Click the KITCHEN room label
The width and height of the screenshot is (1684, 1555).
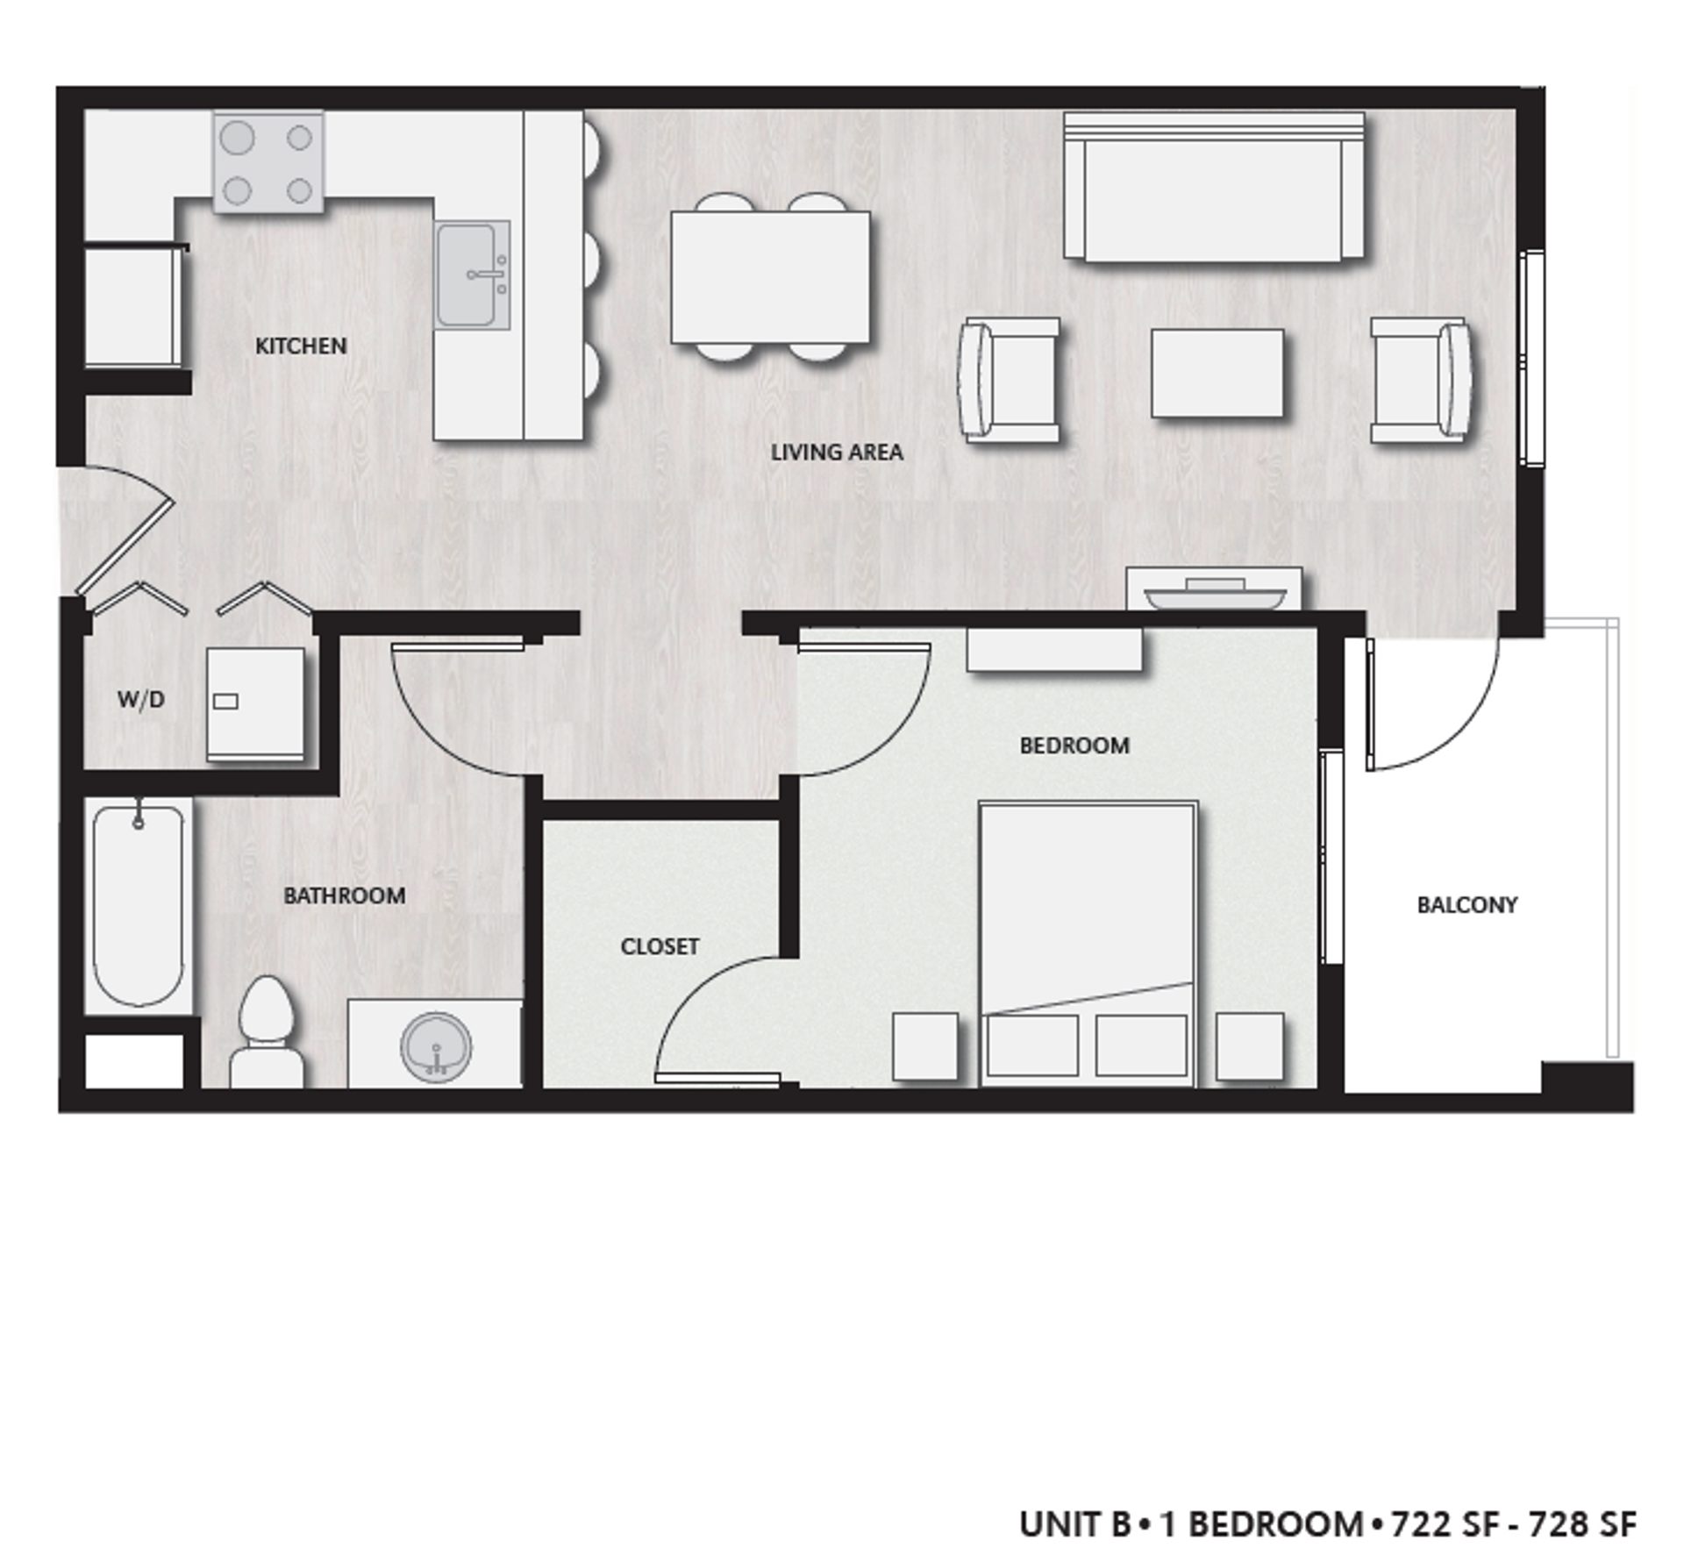click(x=300, y=346)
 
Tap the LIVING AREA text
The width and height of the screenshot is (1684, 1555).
click(x=836, y=452)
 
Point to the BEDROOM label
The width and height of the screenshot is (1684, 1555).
click(x=1074, y=745)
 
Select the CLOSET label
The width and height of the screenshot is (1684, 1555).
click(x=660, y=946)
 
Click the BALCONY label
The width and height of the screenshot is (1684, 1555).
click(x=1466, y=904)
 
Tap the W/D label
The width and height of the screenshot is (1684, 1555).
click(x=140, y=699)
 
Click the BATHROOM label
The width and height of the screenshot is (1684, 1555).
click(x=344, y=895)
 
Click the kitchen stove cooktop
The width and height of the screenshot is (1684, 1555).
click(x=268, y=162)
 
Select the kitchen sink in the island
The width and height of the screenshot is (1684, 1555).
click(x=472, y=275)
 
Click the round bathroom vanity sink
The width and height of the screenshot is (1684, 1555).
click(x=436, y=1046)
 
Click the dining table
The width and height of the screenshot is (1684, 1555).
click(x=770, y=276)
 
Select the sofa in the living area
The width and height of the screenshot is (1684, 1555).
click(x=1214, y=188)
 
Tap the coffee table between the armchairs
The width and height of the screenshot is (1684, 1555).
click(x=1217, y=373)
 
